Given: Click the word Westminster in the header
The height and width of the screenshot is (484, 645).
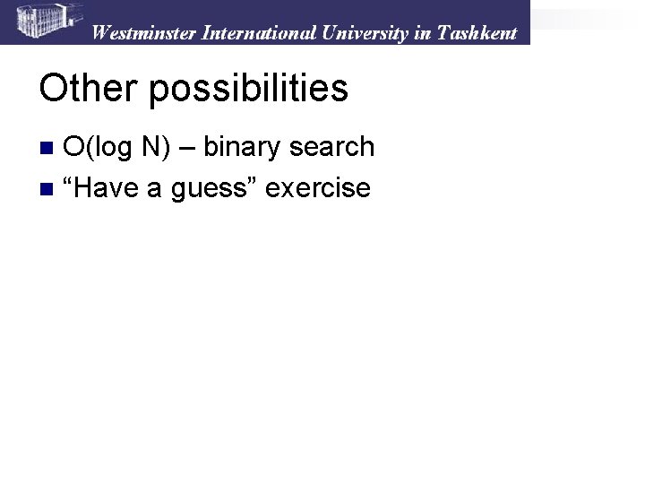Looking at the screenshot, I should click(144, 33).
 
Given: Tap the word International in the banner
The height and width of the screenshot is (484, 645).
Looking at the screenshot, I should click(257, 33).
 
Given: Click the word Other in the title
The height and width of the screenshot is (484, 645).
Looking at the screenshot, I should click(87, 89).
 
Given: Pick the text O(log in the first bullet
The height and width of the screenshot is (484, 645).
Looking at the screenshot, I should click(101, 147).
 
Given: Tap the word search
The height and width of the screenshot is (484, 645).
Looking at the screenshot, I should click(333, 147).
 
